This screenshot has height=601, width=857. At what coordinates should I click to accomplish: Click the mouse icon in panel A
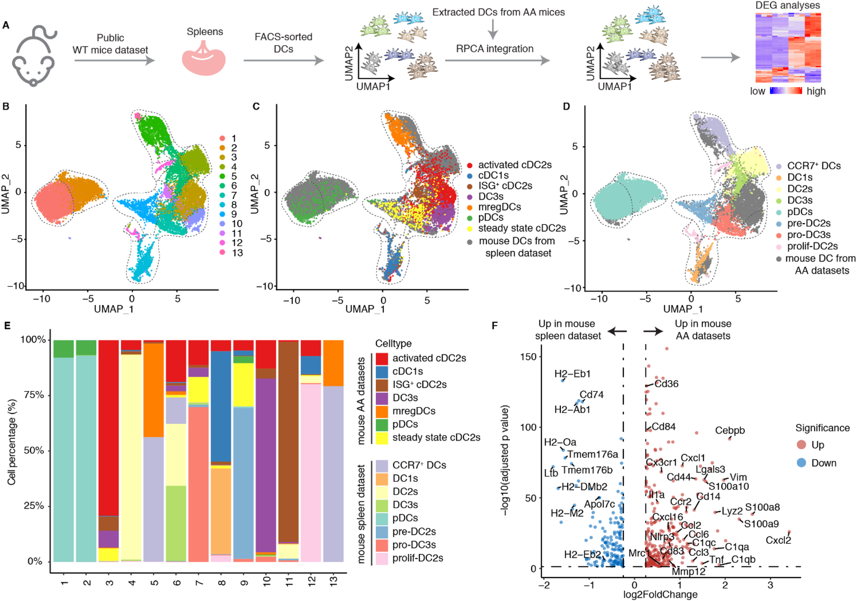[34, 56]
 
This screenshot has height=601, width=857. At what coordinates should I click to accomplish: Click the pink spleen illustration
[204, 59]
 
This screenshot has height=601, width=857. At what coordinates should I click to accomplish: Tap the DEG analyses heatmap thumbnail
[788, 48]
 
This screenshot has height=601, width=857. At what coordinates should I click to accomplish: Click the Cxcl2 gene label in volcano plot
[778, 540]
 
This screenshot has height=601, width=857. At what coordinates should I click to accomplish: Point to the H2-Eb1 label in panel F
[572, 374]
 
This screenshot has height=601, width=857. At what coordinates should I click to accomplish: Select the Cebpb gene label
[730, 430]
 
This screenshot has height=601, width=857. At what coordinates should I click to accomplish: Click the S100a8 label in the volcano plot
[762, 507]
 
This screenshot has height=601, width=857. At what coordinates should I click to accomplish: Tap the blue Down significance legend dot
[801, 463]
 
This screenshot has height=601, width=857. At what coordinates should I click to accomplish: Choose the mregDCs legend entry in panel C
[499, 207]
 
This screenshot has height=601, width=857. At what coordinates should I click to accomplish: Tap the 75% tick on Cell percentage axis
[34, 395]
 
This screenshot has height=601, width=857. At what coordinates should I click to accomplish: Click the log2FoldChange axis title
[660, 595]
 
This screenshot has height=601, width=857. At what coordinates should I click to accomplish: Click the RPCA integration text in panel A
[494, 49]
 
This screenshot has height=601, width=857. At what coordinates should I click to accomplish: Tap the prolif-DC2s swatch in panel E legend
[381, 558]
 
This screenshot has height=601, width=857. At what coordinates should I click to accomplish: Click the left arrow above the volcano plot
[618, 331]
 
